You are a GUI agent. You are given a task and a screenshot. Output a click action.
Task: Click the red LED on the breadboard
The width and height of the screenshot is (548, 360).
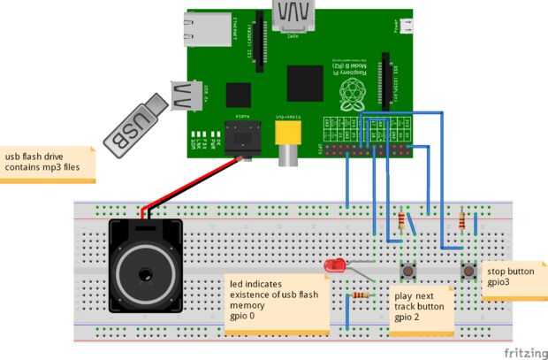pyautogui.click(x=335, y=265)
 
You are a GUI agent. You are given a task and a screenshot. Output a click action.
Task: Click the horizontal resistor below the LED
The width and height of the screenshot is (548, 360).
pyautogui.click(x=360, y=295)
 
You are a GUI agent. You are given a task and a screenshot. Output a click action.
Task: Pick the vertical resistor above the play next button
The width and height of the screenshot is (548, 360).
pyautogui.click(x=403, y=220)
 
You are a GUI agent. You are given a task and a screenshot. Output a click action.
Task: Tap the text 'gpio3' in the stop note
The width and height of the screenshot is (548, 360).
pyautogui.click(x=500, y=284)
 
